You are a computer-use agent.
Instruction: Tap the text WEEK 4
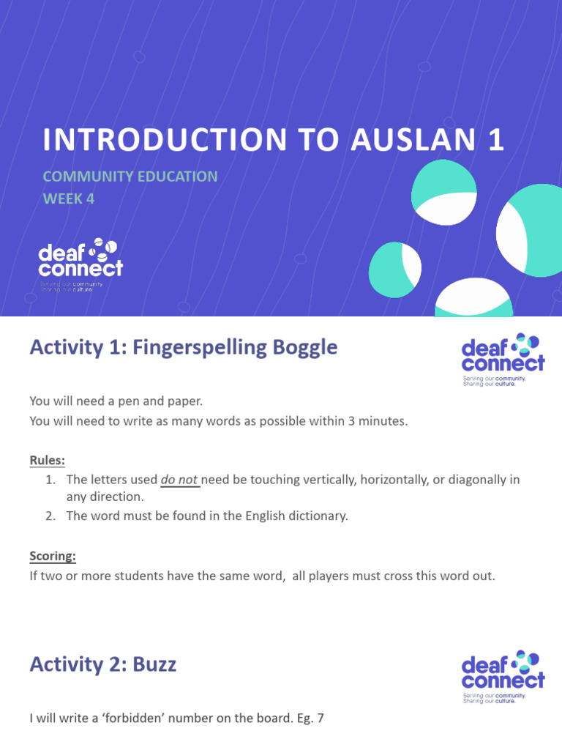(69, 198)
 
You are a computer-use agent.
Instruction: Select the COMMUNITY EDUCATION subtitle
(130, 177)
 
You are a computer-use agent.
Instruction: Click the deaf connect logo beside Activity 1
(503, 360)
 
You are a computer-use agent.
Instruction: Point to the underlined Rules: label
(47, 461)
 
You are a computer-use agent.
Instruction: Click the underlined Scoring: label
(53, 556)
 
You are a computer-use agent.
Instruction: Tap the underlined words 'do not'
(179, 480)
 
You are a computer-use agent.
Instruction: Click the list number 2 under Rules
(50, 516)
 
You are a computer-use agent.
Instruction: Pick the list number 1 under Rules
(50, 480)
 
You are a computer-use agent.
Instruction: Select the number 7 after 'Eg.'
(319, 719)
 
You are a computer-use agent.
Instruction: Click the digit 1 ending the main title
(497, 140)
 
